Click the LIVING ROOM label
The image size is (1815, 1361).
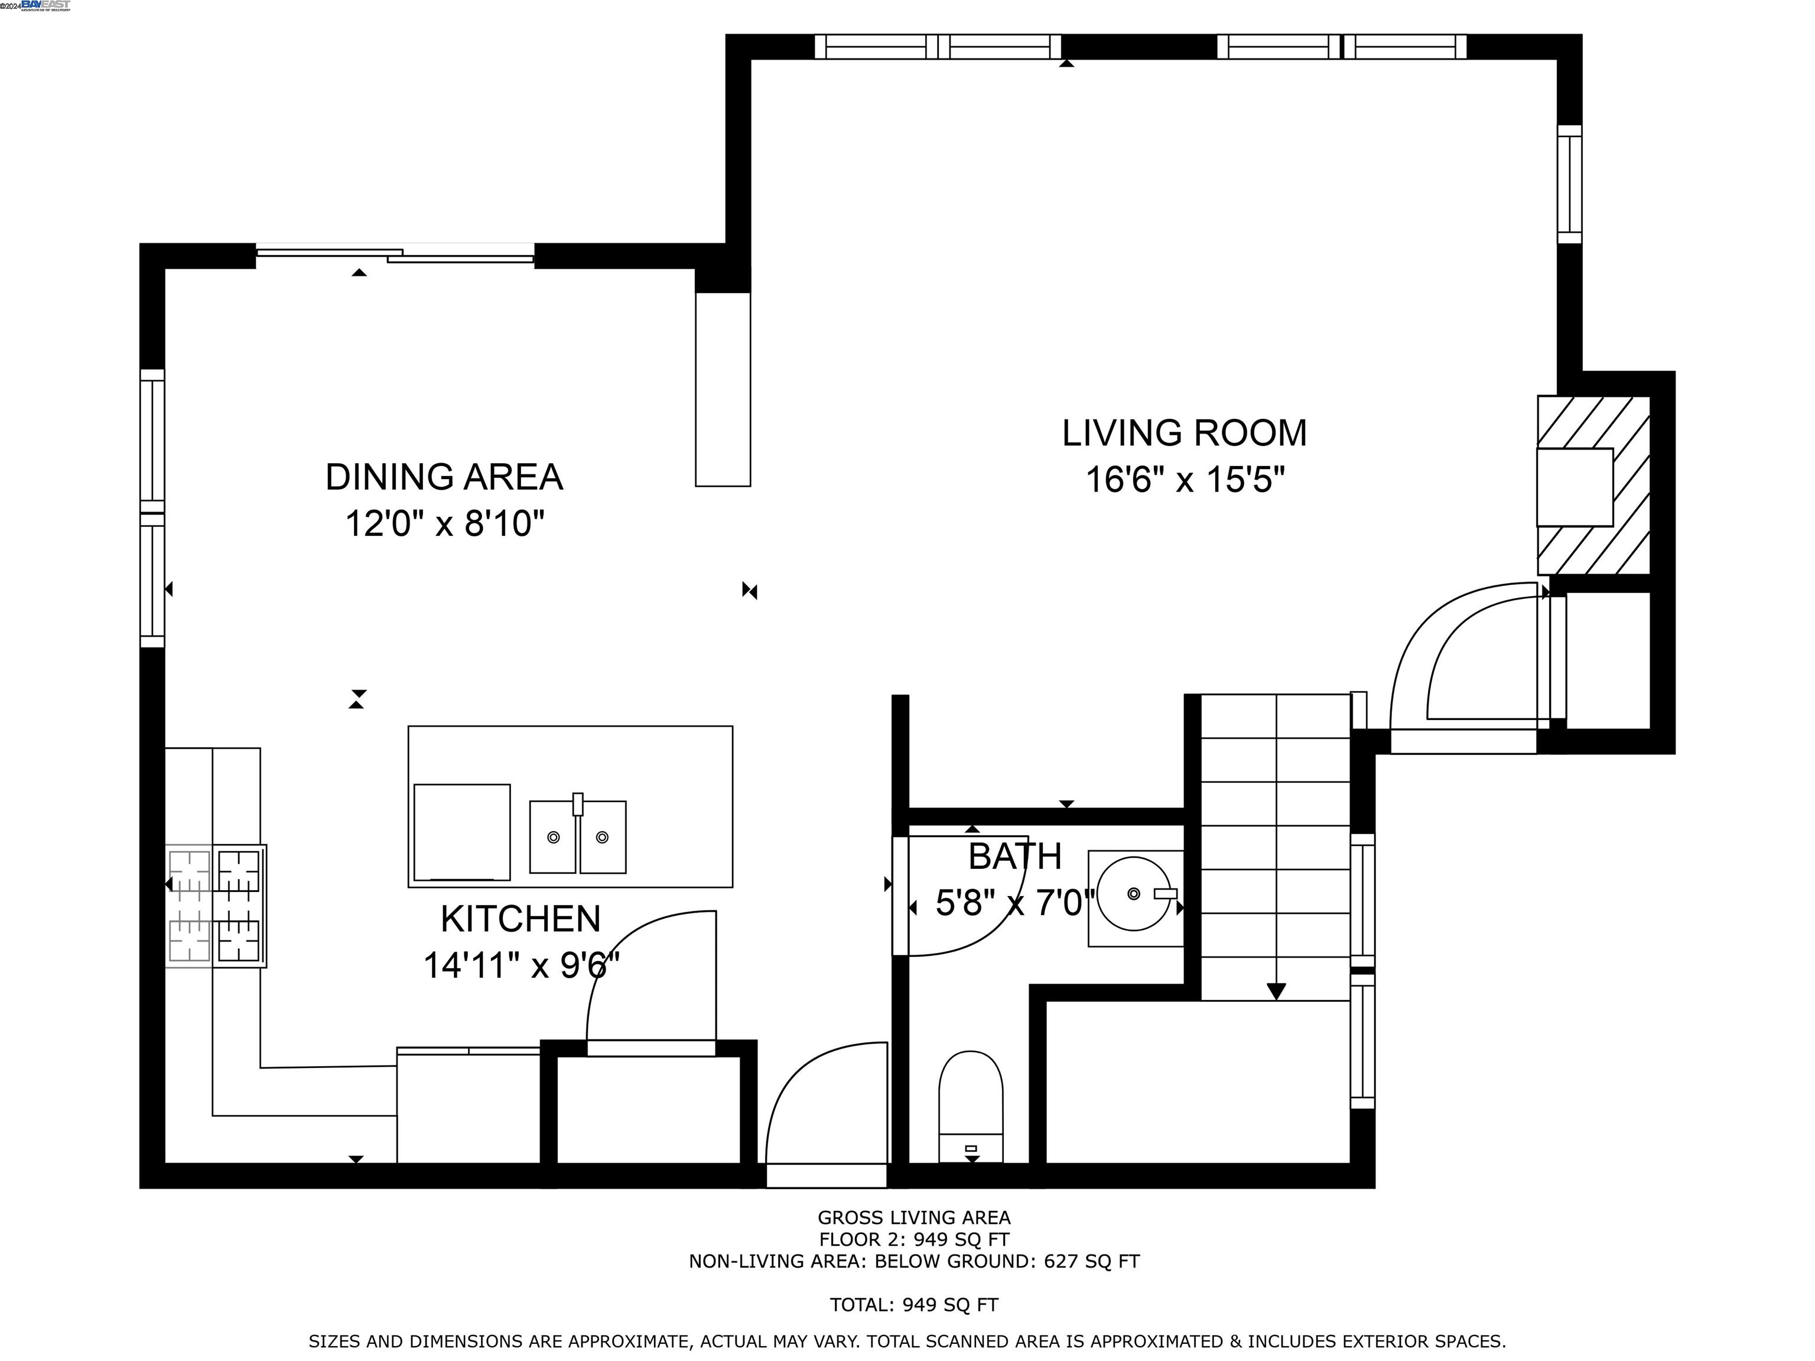pyautogui.click(x=1184, y=433)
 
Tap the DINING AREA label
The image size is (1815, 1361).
pyautogui.click(x=444, y=477)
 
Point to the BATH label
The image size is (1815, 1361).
pyautogui.click(x=1015, y=857)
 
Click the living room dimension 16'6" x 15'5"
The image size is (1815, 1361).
pyautogui.click(x=1185, y=479)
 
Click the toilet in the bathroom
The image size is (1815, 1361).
pyautogui.click(x=971, y=1106)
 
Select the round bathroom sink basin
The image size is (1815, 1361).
pyautogui.click(x=1133, y=893)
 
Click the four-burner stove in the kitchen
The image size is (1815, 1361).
pyautogui.click(x=215, y=906)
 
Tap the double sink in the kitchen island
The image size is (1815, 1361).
pyautogui.click(x=578, y=836)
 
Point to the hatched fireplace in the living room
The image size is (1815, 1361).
pyautogui.click(x=1593, y=486)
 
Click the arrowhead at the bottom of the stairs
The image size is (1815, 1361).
pyautogui.click(x=1276, y=991)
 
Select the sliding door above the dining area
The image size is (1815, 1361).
pyautogui.click(x=395, y=255)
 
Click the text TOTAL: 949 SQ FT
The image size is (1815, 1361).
pyautogui.click(x=914, y=1304)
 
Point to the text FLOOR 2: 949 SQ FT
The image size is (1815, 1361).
pyautogui.click(x=914, y=1239)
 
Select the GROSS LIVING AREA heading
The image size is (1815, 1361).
pyautogui.click(x=914, y=1217)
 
